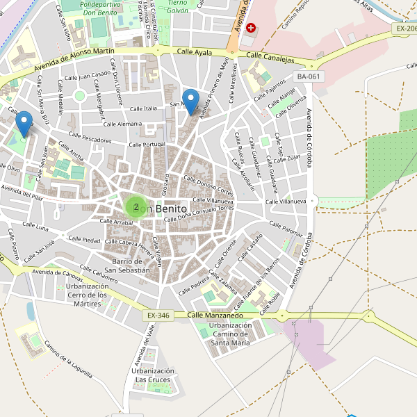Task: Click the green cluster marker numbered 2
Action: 136,206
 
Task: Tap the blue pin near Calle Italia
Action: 190,101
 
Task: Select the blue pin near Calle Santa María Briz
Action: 24,123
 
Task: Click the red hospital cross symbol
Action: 251,28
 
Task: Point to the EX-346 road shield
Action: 158,316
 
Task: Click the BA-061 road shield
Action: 309,76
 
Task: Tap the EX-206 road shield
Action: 405,28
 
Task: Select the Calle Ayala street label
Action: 194,52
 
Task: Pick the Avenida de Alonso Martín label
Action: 74,60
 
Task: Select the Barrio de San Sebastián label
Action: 126,265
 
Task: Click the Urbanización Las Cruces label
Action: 150,375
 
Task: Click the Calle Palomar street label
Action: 286,229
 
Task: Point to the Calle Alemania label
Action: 122,124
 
